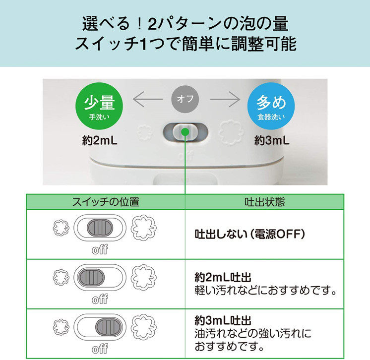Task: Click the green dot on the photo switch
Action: tap(185, 132)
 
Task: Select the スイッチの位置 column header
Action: tap(106, 202)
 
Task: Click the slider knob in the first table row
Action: tap(100, 228)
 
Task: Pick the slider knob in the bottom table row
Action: tap(108, 326)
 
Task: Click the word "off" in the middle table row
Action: tap(100, 299)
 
